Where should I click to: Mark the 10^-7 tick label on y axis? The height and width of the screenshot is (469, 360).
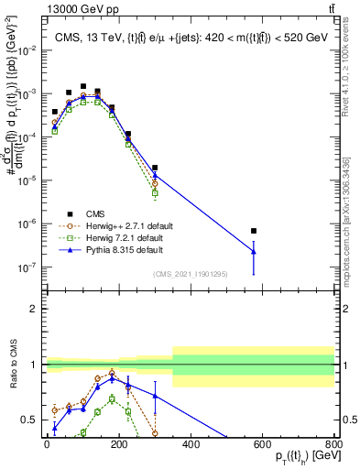coord(26,267)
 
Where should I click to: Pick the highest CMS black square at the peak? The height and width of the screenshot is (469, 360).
coord(83,86)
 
